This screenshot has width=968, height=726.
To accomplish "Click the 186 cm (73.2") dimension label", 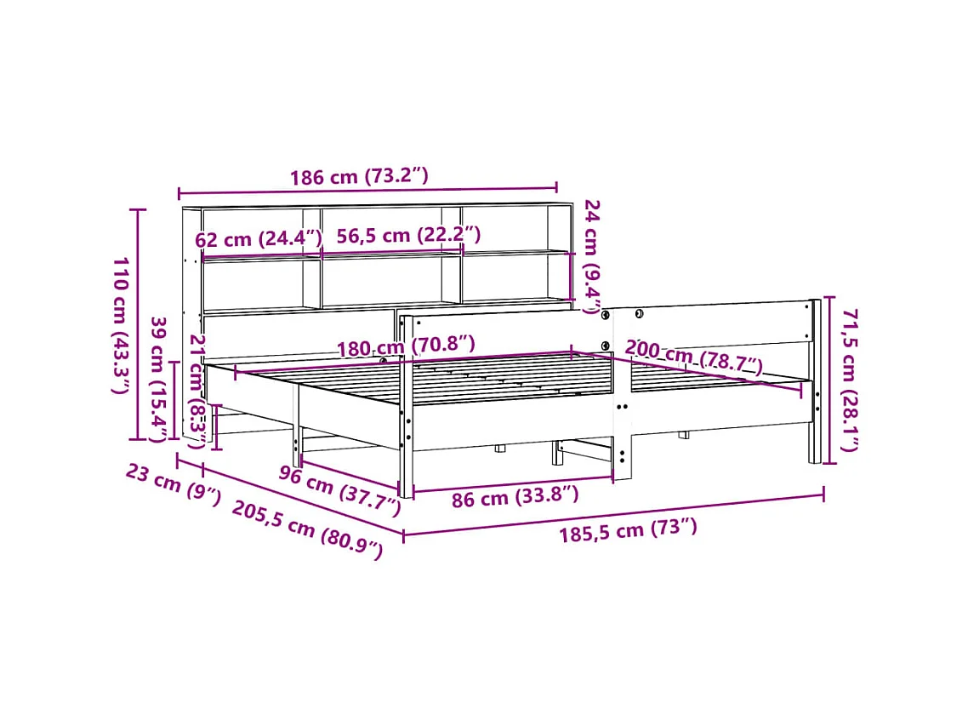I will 358,177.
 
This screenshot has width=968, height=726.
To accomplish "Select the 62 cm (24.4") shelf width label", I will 259,239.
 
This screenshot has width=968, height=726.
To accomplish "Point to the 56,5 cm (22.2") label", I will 408,236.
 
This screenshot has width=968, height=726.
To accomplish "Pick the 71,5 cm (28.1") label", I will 848,380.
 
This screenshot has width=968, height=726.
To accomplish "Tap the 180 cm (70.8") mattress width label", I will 405,347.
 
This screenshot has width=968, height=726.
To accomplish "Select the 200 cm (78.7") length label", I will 693,357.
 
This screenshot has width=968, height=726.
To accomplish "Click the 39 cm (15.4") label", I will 158,380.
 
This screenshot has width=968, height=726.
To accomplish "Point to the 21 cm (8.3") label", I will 197,391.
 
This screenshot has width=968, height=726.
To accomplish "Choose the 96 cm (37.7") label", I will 339,491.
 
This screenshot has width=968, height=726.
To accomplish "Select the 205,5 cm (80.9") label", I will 307,529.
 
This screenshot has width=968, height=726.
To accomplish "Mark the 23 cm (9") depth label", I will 174,484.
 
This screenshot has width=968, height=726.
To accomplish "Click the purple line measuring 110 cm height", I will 139,324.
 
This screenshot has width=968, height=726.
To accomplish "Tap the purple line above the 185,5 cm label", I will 612,514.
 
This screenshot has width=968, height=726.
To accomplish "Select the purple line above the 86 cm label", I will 512,483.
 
